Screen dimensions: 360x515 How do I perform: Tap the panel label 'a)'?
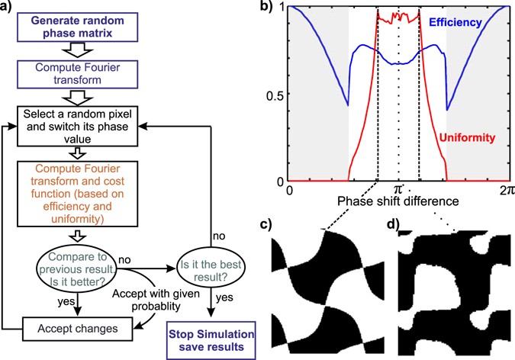coord(10,8)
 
